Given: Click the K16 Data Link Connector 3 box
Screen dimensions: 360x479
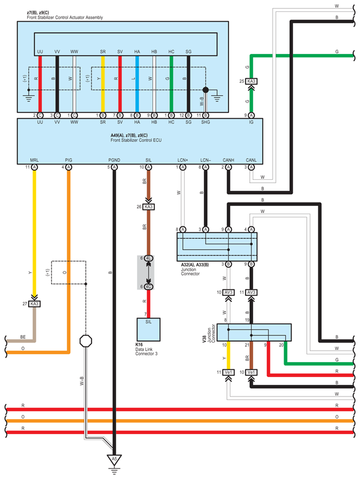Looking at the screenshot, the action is [148, 330].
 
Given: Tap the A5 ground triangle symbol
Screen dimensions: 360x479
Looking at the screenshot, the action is [114, 459].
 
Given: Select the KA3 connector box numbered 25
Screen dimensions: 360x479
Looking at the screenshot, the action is [251, 81].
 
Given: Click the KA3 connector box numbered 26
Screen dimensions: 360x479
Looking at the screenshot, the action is [148, 207].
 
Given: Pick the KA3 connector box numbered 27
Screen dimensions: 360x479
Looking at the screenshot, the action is [35, 304].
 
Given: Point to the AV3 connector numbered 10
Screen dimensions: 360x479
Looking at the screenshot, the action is [228, 292].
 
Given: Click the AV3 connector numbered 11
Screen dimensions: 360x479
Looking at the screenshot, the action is [251, 292].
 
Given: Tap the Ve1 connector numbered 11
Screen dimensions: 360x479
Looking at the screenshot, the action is [228, 372].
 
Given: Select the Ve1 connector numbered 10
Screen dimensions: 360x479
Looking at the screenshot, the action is [251, 372].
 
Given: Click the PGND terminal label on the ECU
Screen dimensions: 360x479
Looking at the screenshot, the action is [114, 160].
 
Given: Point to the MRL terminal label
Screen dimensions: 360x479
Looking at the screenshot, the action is [35, 160].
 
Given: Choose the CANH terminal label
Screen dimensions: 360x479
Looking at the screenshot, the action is [228, 160].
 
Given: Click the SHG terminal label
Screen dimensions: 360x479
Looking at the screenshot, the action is [205, 122].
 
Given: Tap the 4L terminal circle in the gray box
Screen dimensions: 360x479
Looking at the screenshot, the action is [148, 258].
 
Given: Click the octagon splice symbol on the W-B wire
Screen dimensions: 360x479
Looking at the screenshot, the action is [86, 341].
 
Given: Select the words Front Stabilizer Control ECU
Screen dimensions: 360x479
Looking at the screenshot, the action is [136, 140].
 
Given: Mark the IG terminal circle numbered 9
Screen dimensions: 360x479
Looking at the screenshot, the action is [251, 116].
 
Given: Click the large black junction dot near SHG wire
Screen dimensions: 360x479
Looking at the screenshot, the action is [205, 90].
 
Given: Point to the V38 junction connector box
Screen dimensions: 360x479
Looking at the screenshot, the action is [254, 332].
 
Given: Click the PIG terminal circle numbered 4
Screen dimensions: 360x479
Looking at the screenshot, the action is [69, 167].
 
